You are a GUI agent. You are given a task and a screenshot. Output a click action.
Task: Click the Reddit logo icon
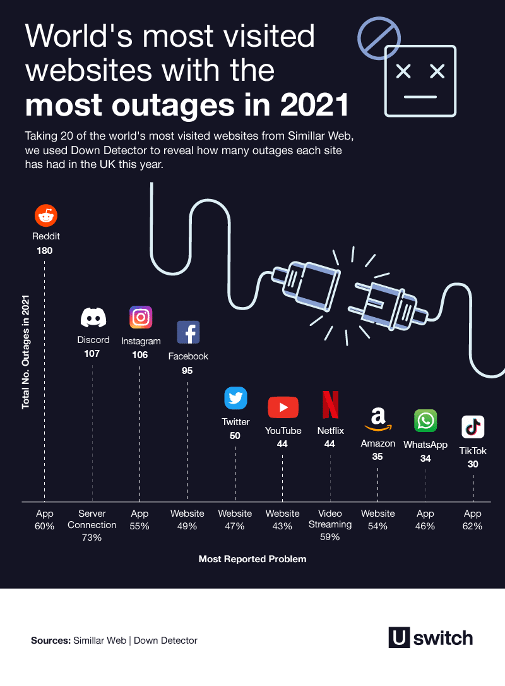click(45, 216)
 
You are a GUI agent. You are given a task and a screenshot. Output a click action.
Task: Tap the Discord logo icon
click(93, 317)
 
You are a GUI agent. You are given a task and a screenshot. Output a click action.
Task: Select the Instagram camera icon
click(141, 317)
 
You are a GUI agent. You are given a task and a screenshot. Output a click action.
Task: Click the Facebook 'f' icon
click(188, 332)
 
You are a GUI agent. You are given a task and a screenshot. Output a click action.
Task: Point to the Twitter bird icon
click(236, 398)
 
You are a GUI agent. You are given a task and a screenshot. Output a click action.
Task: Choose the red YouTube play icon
click(283, 407)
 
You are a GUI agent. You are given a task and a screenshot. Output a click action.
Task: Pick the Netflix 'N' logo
click(330, 406)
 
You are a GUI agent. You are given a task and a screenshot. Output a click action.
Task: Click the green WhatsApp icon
click(425, 421)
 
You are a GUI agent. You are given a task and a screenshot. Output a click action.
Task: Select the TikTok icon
click(473, 427)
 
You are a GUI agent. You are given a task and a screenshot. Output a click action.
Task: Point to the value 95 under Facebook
click(187, 371)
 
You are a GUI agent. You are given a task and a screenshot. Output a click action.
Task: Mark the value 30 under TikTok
click(473, 464)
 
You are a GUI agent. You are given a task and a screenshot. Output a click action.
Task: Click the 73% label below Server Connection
click(92, 538)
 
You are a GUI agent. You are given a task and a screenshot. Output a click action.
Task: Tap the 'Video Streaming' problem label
click(330, 519)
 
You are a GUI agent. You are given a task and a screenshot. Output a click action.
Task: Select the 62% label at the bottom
click(472, 526)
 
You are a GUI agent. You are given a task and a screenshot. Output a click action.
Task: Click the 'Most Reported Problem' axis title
click(252, 559)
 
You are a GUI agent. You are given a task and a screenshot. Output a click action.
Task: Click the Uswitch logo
click(430, 637)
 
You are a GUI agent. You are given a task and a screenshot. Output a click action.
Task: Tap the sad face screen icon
click(420, 81)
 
